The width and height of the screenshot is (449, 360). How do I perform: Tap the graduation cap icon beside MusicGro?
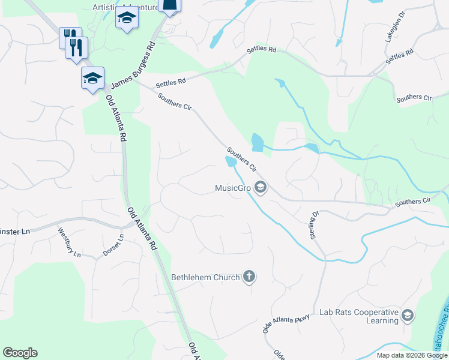point(260,188)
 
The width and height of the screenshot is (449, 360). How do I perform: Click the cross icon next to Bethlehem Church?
point(249,277)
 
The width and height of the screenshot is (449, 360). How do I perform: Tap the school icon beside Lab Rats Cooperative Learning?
point(408,316)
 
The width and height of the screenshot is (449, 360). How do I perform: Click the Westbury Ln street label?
point(69,242)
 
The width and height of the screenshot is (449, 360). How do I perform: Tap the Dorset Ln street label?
point(113,245)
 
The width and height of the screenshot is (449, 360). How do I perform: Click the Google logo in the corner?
point(20,353)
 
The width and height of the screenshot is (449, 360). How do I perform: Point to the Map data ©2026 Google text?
point(412,355)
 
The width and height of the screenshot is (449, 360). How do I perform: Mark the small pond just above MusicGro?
point(231,161)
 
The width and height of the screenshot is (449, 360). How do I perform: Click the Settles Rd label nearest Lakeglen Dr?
point(400,58)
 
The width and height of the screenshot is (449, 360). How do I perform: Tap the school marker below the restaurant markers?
point(92,79)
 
